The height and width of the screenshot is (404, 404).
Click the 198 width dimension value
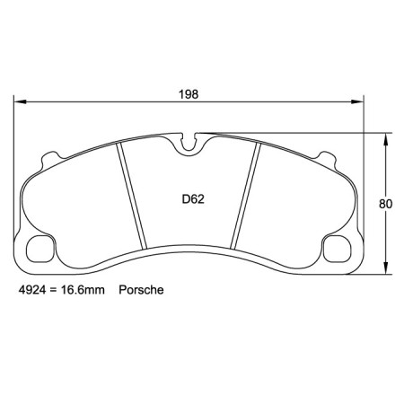point(188,93)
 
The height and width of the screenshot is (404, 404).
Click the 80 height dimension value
point(386,204)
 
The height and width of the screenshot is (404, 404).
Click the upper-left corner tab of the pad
point(47,162)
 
